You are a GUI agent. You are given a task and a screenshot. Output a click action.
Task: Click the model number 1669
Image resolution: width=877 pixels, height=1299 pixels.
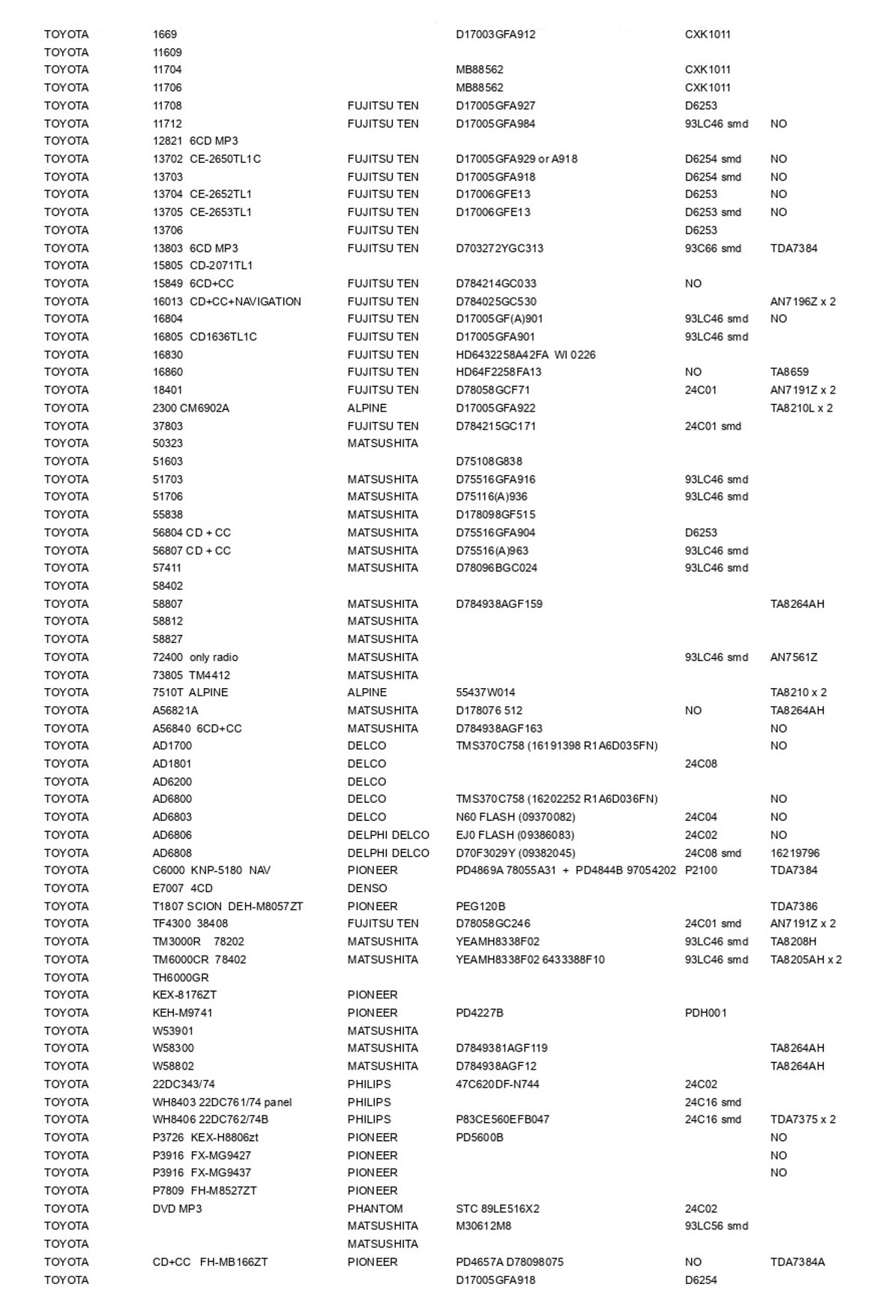[x=165, y=34]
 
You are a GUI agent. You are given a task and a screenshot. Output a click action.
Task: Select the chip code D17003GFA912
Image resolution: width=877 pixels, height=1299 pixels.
[x=495, y=34]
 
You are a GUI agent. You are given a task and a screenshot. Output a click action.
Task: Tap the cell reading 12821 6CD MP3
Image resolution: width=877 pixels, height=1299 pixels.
[x=195, y=141]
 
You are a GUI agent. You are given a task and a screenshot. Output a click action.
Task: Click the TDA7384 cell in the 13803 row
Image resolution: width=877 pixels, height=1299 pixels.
[x=793, y=248]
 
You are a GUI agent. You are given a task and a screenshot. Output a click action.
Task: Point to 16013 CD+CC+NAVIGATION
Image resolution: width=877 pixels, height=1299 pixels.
[x=226, y=301]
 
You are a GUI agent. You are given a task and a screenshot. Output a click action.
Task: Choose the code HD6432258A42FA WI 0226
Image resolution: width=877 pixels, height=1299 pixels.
[x=525, y=355]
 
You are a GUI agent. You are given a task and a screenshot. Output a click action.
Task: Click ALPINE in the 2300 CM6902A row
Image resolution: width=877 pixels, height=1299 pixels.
[x=367, y=408]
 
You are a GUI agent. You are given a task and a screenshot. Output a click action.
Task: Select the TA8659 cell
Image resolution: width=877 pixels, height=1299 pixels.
[x=789, y=372]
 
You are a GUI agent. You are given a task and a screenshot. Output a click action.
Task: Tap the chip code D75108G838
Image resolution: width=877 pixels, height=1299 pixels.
[x=489, y=461]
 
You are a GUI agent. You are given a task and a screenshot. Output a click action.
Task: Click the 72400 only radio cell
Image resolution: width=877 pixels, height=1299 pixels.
[x=195, y=657]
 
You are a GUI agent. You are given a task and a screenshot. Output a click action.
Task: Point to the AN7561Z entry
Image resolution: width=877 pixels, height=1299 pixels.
[x=793, y=657]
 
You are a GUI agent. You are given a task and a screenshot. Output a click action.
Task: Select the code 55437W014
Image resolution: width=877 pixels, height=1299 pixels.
[x=485, y=693]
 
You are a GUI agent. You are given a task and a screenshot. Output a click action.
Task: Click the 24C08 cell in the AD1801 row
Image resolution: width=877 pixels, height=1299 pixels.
[x=701, y=764]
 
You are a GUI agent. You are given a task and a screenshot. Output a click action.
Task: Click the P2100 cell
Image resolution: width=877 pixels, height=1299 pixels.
[x=701, y=870]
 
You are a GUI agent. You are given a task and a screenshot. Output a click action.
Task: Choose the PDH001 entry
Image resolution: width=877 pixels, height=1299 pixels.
[x=705, y=1013]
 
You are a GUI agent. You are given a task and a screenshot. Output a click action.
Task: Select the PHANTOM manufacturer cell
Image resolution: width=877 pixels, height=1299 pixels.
[x=375, y=1208]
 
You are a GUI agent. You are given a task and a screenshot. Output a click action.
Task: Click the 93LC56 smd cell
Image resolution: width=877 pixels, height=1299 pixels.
[x=716, y=1226]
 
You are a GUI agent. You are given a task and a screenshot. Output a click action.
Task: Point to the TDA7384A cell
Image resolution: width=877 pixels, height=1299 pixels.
[x=797, y=1262]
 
